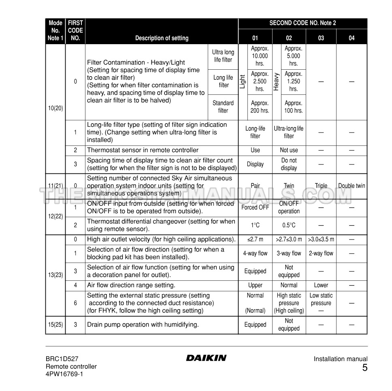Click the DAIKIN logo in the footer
coord(206,358)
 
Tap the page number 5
coord(364,368)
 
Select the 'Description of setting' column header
coord(162,38)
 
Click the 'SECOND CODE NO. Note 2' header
coord(303,23)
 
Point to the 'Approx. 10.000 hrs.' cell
coord(260,56)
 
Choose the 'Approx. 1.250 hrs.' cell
coord(293,81)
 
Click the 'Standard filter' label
coord(223,107)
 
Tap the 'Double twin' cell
coord(352,186)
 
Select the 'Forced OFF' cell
coord(255,207)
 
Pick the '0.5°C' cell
coord(289,225)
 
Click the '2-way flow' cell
coord(321,253)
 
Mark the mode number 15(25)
coord(55,325)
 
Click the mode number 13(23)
coord(55,275)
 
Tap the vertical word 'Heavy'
coord(277,81)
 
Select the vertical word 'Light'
coord(243,81)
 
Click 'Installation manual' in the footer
coord(341,359)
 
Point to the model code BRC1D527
coord(62,359)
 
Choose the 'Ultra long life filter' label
coord(223,56)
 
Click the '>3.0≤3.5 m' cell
coord(321,239)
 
